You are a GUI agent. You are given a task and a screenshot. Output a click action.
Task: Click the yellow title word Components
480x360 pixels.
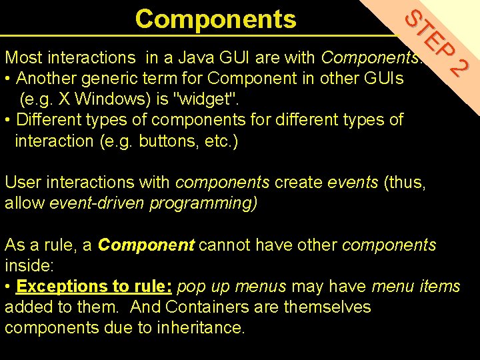215,19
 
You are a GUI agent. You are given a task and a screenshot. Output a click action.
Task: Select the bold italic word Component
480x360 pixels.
146,245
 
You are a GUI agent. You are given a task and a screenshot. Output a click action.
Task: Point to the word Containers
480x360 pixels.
207,307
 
